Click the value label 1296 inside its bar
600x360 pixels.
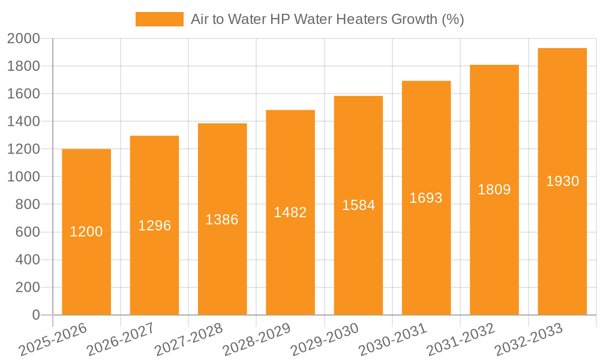(x=155, y=226)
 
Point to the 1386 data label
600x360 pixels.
(x=222, y=220)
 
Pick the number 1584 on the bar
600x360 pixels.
(x=359, y=205)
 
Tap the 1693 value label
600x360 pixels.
(x=426, y=198)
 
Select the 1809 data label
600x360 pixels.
(x=494, y=190)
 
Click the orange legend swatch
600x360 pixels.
(x=159, y=19)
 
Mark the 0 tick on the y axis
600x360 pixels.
(x=35, y=315)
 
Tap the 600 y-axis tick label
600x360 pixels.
(x=28, y=232)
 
